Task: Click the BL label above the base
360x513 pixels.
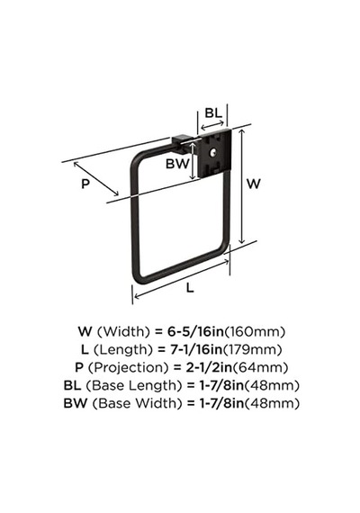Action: pos(213,112)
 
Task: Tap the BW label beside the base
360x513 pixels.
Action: pos(177,164)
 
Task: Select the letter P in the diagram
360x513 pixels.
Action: pos(85,184)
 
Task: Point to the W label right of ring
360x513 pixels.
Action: pos(253,184)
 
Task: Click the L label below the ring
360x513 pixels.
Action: pos(190,288)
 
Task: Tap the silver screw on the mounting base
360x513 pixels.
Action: pos(213,152)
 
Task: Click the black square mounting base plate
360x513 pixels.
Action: pos(215,154)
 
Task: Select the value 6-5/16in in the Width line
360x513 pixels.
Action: pos(195,332)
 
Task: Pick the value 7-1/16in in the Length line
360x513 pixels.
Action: pos(196,350)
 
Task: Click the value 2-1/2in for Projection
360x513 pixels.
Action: pos(209,367)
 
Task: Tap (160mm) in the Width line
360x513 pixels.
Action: pos(255,332)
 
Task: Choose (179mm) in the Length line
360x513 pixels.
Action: pos(252,350)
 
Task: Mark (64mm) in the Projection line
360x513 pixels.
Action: pos(260,367)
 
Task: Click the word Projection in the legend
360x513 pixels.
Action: pos(130,368)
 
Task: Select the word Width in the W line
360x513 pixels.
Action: pos(124,332)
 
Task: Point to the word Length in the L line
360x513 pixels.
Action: pos(123,350)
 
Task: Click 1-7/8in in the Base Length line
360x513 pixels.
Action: pos(221,385)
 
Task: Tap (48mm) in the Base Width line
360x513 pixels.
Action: pos(272,403)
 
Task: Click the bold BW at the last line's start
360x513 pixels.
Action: pos(76,403)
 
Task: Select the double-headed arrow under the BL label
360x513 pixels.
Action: pos(212,125)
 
